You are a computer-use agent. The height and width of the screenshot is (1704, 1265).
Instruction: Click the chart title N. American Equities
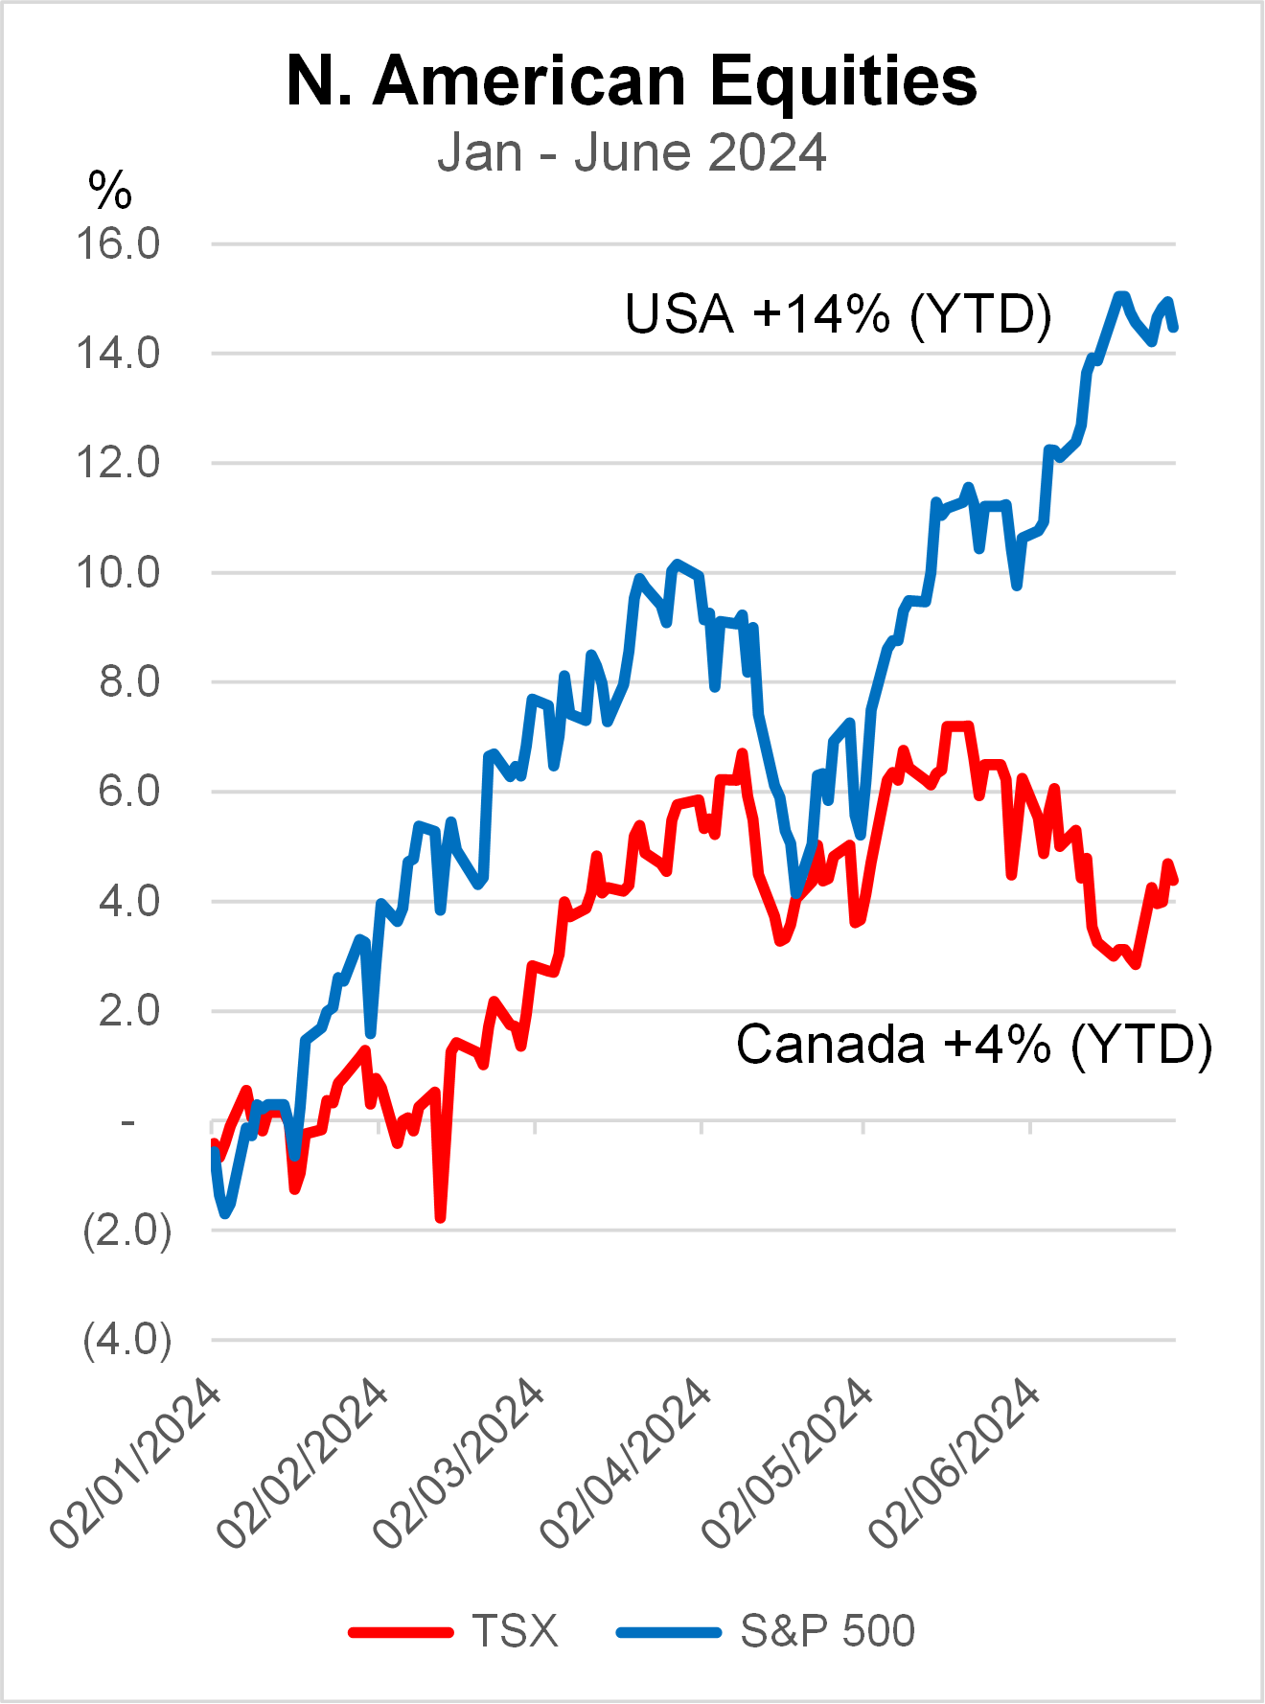(632, 81)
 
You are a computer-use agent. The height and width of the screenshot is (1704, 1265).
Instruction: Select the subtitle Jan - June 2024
(632, 153)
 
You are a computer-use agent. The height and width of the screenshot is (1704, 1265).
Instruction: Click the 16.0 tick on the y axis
(118, 244)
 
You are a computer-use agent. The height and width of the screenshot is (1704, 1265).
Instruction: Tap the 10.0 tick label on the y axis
(118, 573)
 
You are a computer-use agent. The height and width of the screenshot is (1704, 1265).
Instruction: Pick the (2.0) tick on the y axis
(126, 1231)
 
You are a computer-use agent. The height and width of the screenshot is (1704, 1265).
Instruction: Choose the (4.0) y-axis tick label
(126, 1340)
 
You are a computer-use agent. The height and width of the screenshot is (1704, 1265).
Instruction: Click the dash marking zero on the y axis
(128, 1121)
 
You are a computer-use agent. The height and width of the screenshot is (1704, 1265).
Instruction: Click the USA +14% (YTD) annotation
(839, 314)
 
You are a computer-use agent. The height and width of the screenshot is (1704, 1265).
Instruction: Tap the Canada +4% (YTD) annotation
(974, 1044)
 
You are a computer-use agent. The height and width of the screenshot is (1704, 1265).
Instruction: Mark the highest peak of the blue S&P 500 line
(1119, 296)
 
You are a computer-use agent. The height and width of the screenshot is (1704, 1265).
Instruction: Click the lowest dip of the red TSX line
(440, 1218)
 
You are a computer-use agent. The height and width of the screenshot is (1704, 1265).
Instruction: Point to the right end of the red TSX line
(1174, 880)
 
